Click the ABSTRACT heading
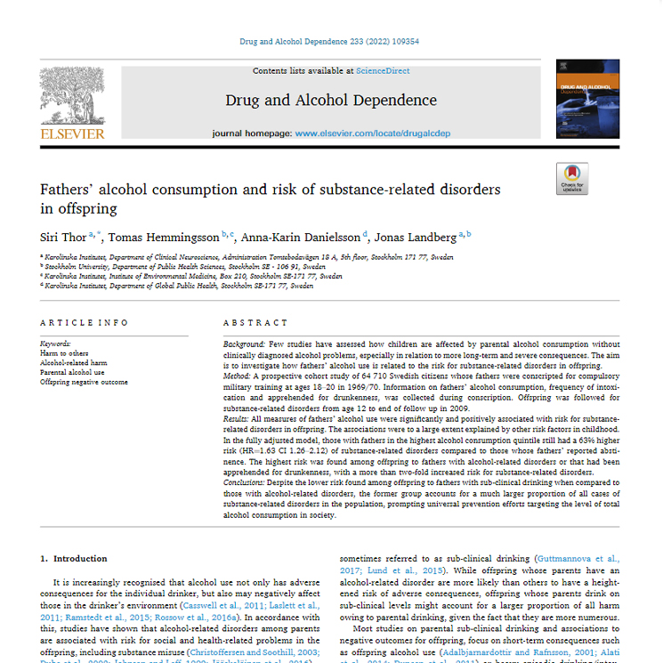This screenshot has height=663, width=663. point(255,323)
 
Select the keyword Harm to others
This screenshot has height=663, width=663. point(66,353)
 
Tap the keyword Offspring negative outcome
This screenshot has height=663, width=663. point(84,382)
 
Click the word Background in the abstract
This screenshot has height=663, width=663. point(243,344)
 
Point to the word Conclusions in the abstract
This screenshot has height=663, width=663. point(246,481)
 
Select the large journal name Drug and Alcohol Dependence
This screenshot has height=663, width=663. point(331,101)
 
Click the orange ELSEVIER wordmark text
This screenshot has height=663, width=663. point(72,134)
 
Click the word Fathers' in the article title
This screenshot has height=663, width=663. point(71,190)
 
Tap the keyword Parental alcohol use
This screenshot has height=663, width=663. point(73,372)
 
